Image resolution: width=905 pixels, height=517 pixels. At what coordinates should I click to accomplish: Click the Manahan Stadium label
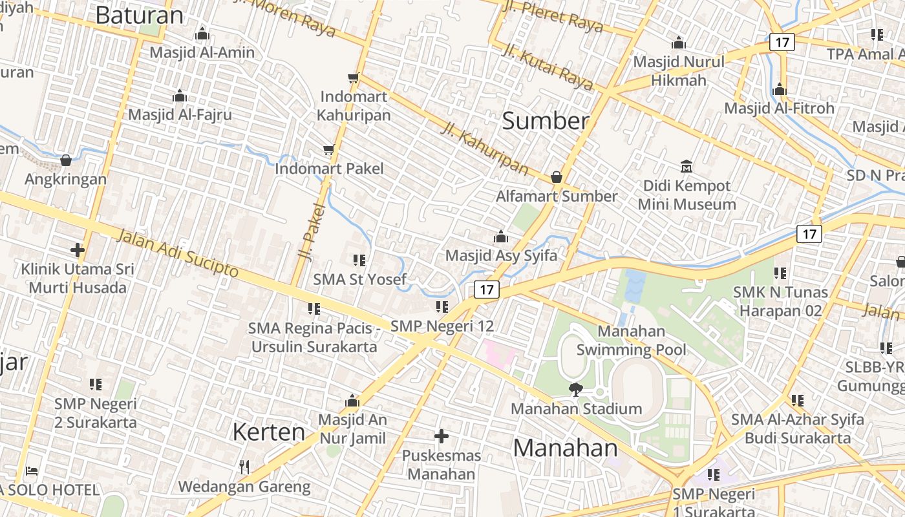coord(576,409)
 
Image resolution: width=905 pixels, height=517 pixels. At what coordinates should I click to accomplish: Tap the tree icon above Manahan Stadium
coord(575,389)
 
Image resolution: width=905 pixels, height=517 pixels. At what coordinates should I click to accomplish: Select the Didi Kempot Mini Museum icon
coord(687,167)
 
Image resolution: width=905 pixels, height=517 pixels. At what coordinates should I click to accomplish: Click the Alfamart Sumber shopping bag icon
coord(557,177)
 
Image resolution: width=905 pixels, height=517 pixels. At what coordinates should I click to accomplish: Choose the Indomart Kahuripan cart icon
coord(353,78)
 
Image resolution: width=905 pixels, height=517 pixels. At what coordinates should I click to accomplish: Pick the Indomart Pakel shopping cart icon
coord(328,150)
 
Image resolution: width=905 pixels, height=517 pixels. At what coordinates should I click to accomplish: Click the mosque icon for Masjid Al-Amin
coord(202,34)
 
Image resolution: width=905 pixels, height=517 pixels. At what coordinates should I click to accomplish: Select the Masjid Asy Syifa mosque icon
coord(501,237)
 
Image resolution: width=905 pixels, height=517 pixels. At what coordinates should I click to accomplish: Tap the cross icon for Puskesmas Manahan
coord(442,436)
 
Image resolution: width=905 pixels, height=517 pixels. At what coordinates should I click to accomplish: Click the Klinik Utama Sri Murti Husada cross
coord(78,249)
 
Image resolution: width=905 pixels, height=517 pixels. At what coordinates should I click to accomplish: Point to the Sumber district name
coord(546,121)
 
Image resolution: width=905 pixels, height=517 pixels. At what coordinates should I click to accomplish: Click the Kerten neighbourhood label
coord(268,432)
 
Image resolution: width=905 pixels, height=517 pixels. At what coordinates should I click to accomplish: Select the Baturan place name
coord(139,15)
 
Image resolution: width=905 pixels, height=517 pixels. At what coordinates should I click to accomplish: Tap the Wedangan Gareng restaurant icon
coord(244,467)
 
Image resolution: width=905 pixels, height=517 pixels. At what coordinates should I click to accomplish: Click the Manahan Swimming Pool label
coord(631,341)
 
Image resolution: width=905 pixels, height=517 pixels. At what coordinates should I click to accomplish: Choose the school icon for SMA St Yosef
coord(359,260)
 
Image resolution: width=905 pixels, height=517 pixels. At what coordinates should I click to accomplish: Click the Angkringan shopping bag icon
coord(65,160)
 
